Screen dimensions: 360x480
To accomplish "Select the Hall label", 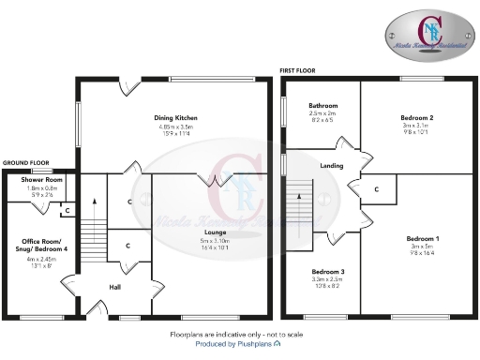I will coord(115,287).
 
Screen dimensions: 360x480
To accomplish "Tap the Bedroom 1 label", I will coord(419,238).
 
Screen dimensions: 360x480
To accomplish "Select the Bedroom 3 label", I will coord(328,271).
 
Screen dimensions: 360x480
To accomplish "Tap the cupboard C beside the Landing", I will coord(376,189).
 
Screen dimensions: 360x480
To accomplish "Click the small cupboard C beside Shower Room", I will coord(66,209).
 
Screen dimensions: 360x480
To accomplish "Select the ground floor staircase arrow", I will coord(94,200).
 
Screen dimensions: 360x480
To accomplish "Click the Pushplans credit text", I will coord(238,343).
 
